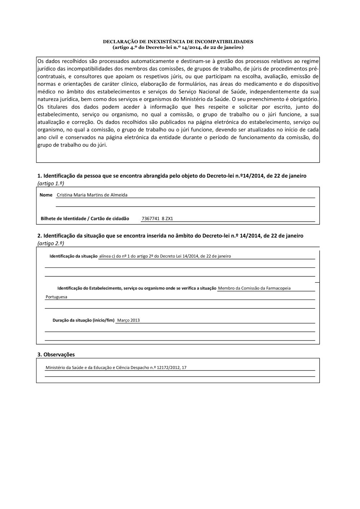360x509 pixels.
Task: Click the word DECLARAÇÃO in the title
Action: tap(118, 42)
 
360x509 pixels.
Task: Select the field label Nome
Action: tap(46, 195)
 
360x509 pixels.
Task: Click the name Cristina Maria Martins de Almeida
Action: tap(92, 195)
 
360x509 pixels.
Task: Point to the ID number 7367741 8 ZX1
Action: tap(157, 219)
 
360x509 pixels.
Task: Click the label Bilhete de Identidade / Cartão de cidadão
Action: tap(85, 219)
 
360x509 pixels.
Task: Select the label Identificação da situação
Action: tap(73, 256)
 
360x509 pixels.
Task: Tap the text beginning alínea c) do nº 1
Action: tap(165, 256)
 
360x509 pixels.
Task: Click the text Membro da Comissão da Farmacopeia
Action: tap(254, 288)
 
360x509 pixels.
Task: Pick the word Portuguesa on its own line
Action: tap(56, 297)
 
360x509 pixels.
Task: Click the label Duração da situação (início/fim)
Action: tap(84, 320)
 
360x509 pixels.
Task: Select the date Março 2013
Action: tap(129, 320)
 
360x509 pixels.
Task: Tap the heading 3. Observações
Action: tap(56, 355)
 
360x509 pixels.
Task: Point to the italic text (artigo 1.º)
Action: tap(51, 184)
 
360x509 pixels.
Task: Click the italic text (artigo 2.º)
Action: tap(51, 243)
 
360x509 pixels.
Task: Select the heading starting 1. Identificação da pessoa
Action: tap(172, 176)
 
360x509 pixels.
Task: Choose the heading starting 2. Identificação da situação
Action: tap(170, 236)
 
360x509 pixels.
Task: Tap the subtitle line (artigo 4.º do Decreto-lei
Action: tap(178, 47)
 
